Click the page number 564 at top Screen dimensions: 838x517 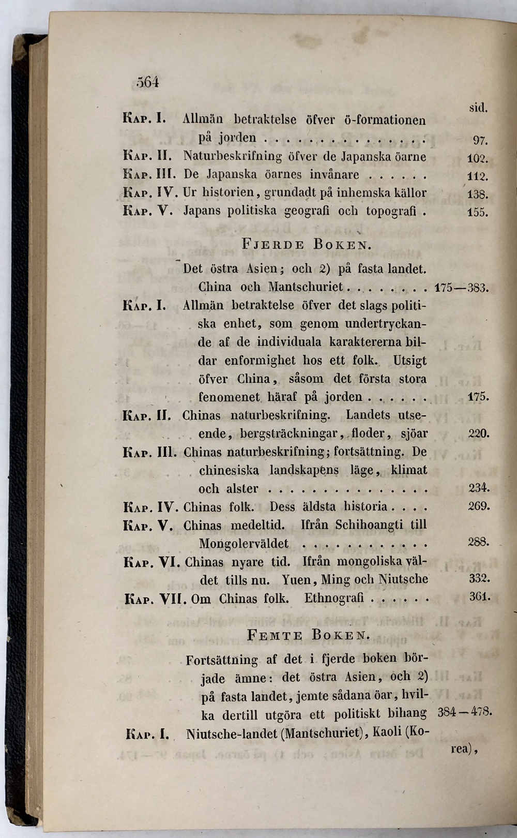coord(147,82)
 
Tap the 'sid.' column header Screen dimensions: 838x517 coord(479,108)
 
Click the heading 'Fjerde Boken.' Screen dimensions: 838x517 coord(306,244)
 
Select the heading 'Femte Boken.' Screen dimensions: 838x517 coord(308,635)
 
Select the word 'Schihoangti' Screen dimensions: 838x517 coord(369,525)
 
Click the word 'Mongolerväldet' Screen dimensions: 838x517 coord(244,544)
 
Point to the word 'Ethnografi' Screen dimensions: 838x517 coord(334,598)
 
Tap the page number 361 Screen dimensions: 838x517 coord(479,596)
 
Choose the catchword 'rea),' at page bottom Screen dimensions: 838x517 coord(463,749)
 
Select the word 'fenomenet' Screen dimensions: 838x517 coord(229,397)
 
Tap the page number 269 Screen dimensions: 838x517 coord(479,505)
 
